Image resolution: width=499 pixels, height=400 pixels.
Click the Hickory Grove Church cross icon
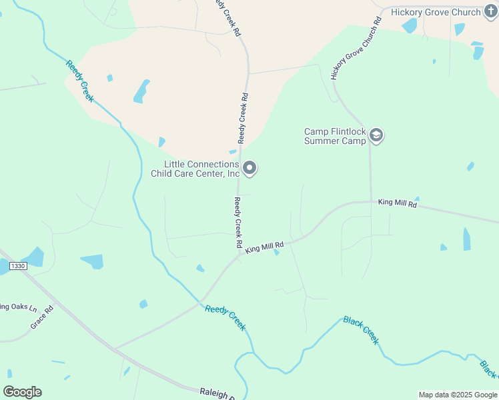(492, 12)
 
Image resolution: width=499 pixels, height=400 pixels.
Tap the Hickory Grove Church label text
(436, 12)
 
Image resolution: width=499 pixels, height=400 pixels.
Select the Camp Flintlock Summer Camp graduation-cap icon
(376, 136)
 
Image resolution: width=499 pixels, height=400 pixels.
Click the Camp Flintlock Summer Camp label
(336, 136)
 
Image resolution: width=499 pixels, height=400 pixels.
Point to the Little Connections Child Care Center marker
(249, 169)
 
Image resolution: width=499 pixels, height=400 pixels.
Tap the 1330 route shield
(18, 266)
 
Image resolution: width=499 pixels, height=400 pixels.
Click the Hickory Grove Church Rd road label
(356, 48)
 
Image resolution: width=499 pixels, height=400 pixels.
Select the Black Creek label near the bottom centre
(361, 329)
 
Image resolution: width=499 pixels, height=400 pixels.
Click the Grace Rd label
(41, 318)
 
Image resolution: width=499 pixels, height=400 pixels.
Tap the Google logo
(22, 392)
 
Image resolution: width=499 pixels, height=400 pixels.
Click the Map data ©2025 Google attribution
(458, 395)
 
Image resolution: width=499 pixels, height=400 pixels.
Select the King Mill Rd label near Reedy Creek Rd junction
(264, 247)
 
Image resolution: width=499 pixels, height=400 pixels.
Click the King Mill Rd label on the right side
(397, 202)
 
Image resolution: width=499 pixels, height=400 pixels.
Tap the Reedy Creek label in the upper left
(79, 81)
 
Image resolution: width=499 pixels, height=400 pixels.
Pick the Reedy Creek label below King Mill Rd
(225, 317)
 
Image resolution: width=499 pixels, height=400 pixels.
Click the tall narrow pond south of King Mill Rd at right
(466, 239)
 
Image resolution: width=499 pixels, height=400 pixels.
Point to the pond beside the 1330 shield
(32, 257)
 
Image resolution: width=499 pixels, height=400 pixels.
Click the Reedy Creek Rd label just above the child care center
(243, 118)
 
